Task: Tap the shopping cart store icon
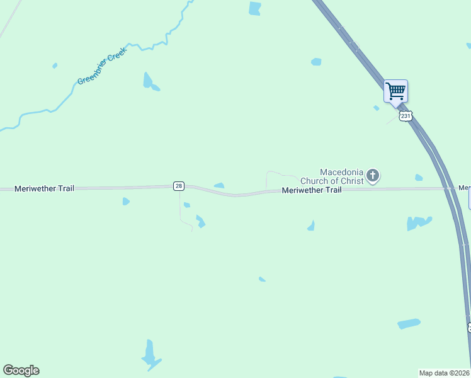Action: [395, 91]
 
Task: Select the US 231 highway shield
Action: [406, 116]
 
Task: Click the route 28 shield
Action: [179, 186]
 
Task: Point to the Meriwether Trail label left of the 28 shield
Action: [43, 188]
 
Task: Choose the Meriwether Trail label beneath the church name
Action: [312, 190]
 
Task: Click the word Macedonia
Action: [342, 172]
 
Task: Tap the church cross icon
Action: [373, 176]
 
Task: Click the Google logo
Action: [21, 370]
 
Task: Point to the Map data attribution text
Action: [445, 373]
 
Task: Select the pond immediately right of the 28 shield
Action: [219, 185]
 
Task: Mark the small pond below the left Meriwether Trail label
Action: [126, 202]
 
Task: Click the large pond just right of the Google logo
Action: [150, 355]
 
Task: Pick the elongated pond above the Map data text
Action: [409, 324]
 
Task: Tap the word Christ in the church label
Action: [351, 181]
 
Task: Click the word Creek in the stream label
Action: [116, 56]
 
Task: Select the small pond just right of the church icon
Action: [419, 178]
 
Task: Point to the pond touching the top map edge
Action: [254, 8]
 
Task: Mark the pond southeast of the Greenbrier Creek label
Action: [149, 81]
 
